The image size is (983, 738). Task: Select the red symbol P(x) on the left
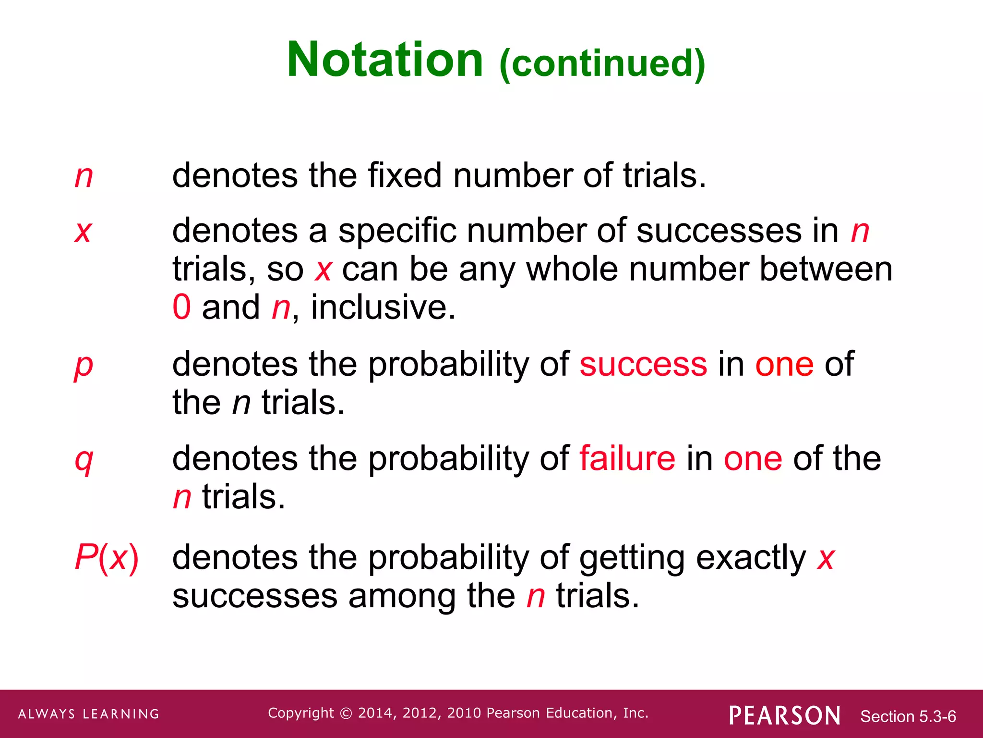[107, 558]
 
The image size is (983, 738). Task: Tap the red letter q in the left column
[84, 460]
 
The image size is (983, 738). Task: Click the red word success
[643, 364]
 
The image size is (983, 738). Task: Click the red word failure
[627, 458]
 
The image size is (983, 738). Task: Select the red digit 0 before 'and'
[182, 307]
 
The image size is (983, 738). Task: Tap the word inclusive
[383, 307]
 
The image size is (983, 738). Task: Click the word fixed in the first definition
[405, 175]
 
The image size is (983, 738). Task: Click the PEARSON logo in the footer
[785, 715]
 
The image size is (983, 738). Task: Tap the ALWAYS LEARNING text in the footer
[89, 714]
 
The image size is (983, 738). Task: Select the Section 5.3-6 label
[908, 716]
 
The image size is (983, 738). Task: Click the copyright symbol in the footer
[346, 713]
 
